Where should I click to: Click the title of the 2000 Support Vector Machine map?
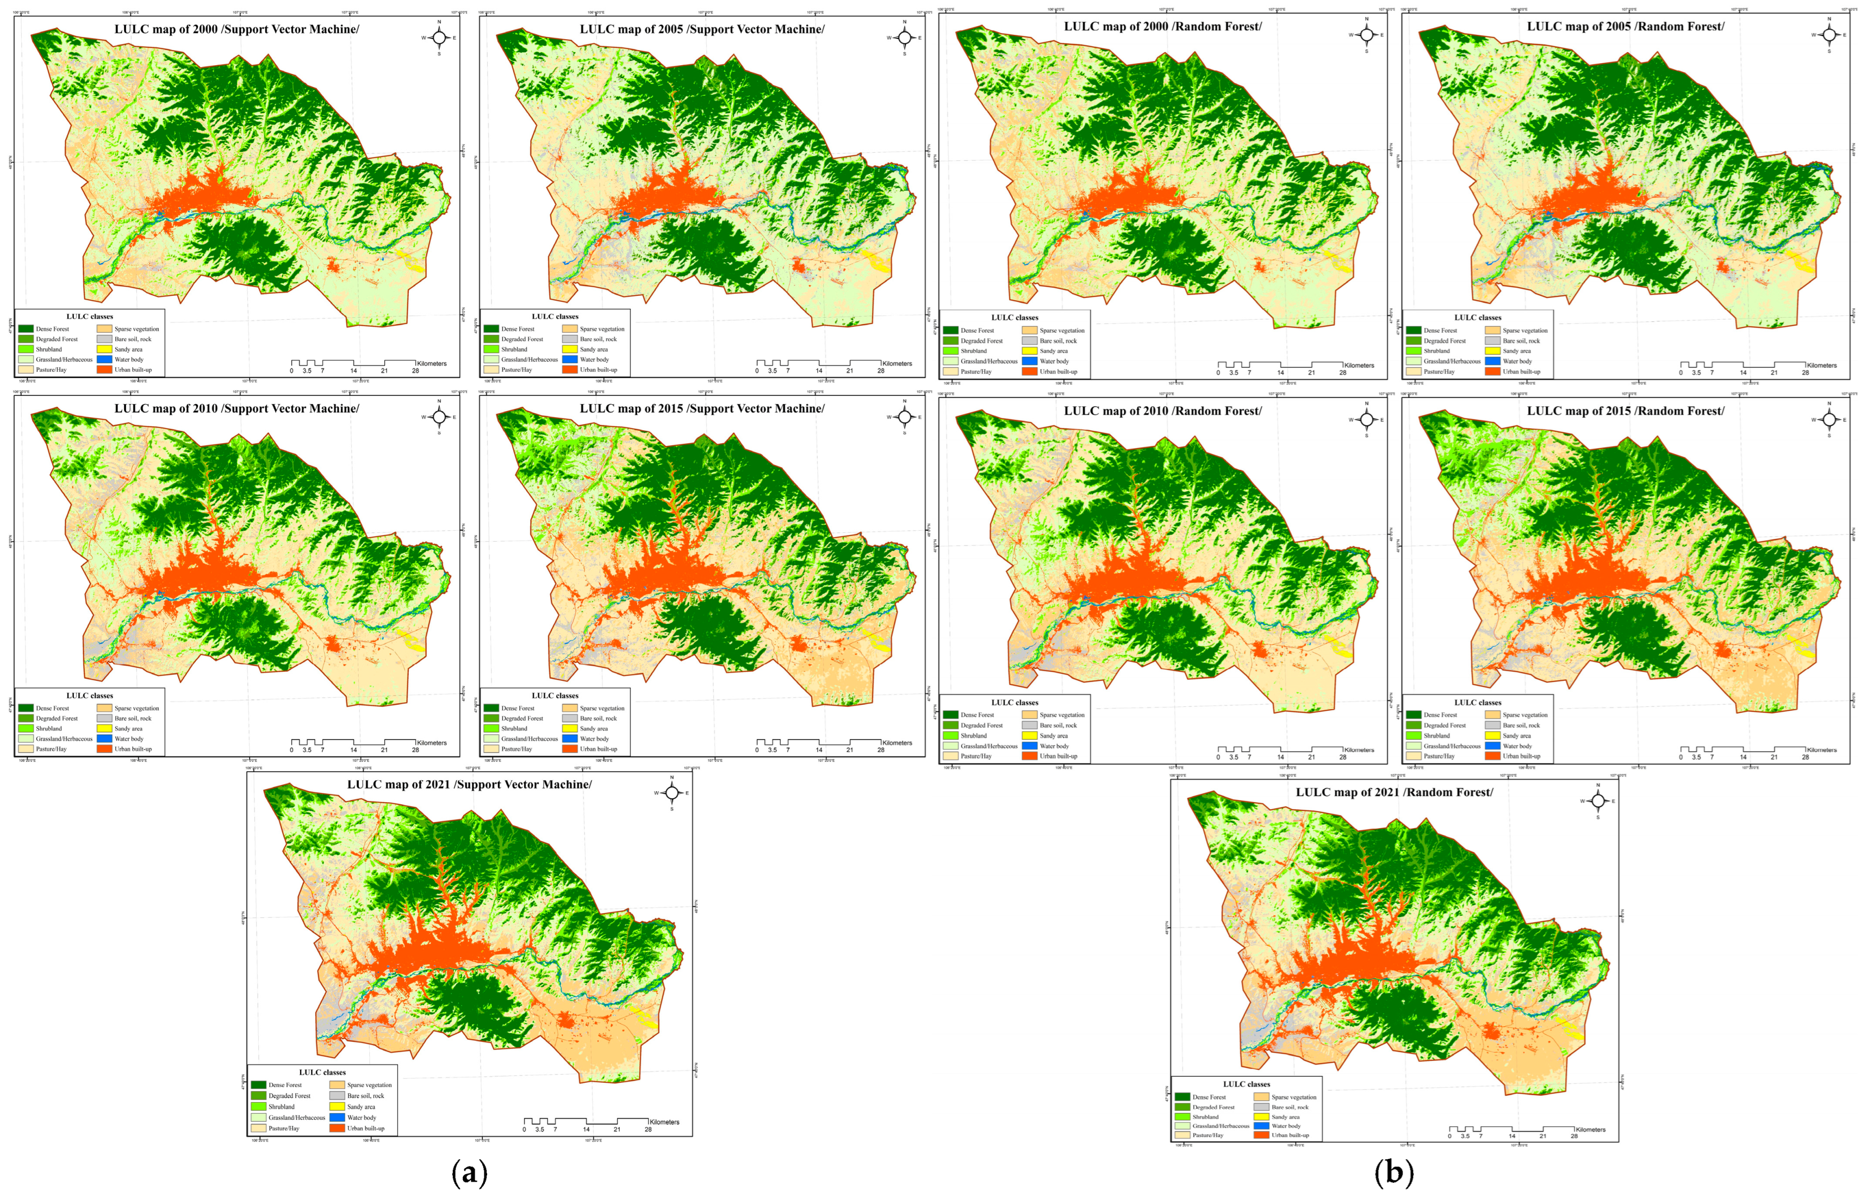236,29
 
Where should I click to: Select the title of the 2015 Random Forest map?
1626,411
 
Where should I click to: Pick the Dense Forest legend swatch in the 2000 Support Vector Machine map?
26,329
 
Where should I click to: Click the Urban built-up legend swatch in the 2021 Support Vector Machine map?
337,1128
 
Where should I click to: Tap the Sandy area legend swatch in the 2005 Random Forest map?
1492,351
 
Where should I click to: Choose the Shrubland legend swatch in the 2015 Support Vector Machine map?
491,729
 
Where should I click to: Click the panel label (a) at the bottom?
469,1173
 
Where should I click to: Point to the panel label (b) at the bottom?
1393,1173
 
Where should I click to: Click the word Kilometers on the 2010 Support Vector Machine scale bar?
432,743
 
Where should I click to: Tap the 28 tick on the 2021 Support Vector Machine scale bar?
648,1129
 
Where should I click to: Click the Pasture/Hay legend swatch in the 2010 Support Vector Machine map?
26,749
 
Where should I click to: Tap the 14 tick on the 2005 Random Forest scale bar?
1743,373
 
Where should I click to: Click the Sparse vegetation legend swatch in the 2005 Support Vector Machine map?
569,329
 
